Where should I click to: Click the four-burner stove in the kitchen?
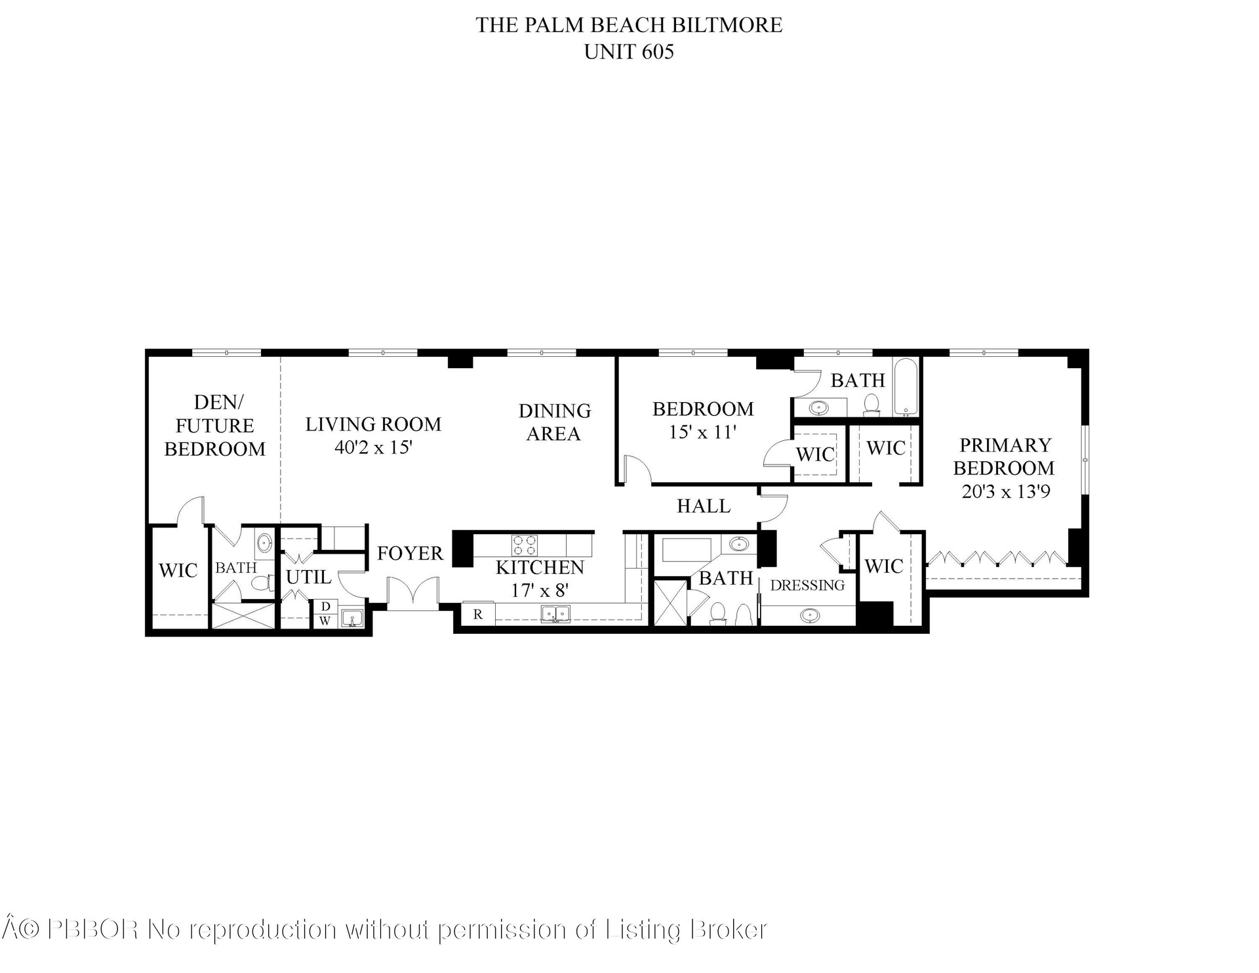[x=525, y=545]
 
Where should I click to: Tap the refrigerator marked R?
[x=478, y=614]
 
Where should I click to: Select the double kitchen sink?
[x=555, y=614]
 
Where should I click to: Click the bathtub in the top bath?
[x=907, y=387]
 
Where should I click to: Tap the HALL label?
[x=704, y=506]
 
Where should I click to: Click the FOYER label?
[x=410, y=553]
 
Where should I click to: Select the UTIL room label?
[x=308, y=577]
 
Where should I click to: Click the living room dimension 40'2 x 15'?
[x=373, y=447]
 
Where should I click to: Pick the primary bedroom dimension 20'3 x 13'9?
[x=1005, y=491]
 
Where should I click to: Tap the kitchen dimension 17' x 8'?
[x=540, y=590]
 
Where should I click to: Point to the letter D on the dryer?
[x=325, y=607]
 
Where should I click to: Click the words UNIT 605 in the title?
[x=629, y=52]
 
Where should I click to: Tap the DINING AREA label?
[x=555, y=422]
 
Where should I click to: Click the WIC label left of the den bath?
[x=178, y=570]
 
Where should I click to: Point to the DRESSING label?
[x=807, y=585]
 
